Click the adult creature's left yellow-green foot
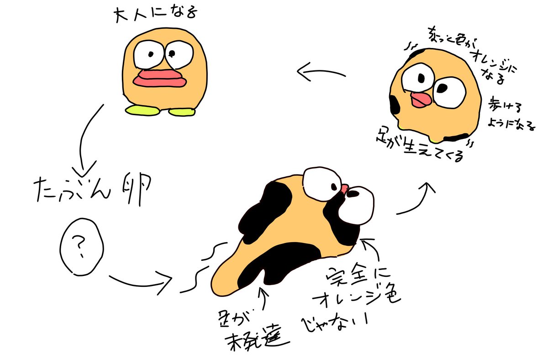point(141,109)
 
